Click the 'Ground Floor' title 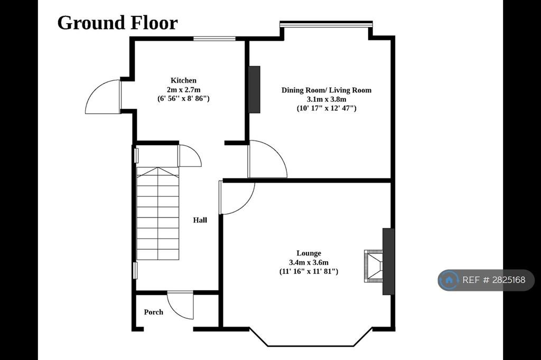tap(117, 23)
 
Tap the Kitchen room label tap(183, 80)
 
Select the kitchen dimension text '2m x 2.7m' tap(183, 90)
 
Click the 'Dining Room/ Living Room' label tap(327, 90)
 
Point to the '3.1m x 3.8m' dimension tap(327, 99)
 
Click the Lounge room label tap(309, 253)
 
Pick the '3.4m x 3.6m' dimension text tap(309, 262)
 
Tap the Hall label tap(200, 220)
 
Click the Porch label tap(154, 312)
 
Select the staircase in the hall tap(157, 213)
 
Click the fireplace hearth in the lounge tap(373, 266)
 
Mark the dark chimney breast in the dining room tap(254, 89)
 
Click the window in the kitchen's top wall tap(214, 39)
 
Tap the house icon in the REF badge tap(449, 280)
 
